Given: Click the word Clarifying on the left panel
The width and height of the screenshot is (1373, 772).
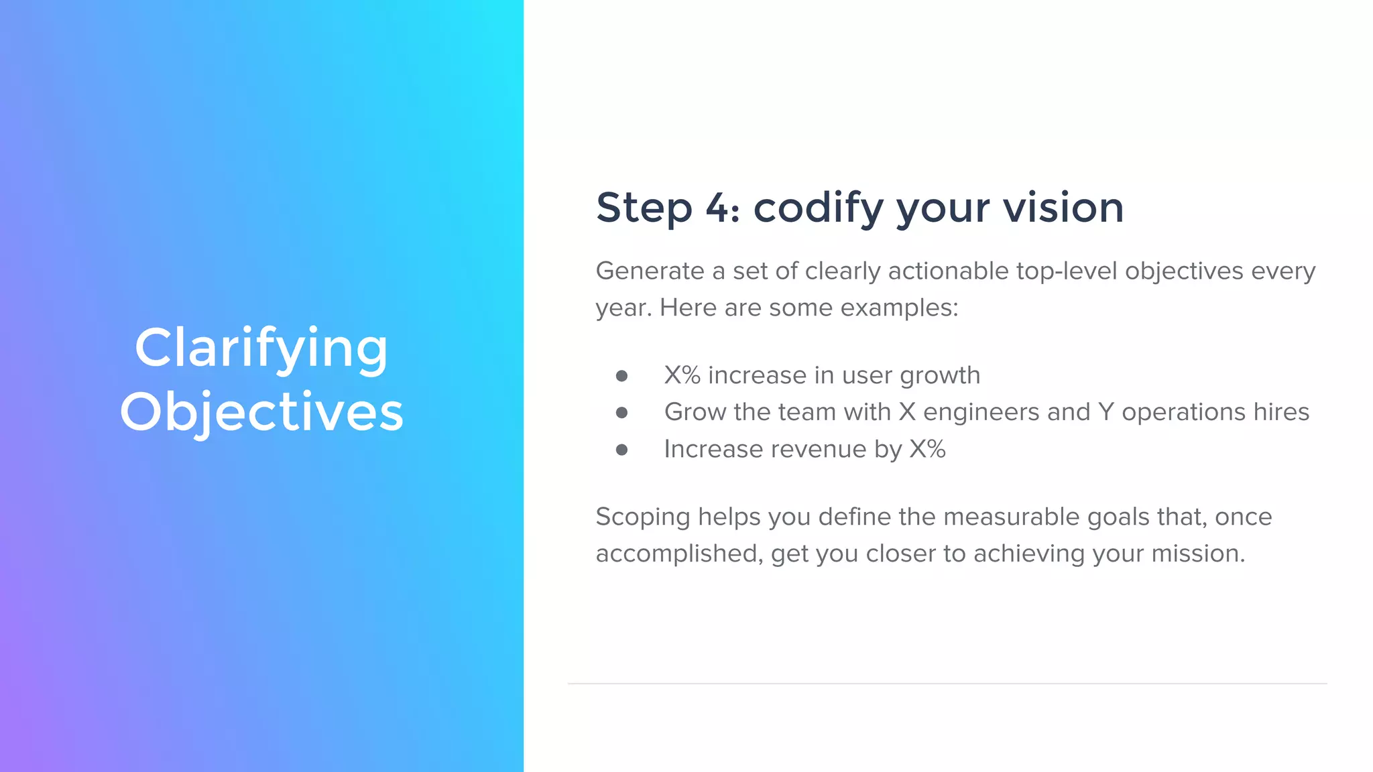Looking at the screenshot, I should pyautogui.click(x=261, y=348).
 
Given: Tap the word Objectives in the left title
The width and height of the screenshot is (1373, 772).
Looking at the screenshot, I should pyautogui.click(x=261, y=411).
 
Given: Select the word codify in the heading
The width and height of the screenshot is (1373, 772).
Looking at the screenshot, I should pyautogui.click(x=819, y=208).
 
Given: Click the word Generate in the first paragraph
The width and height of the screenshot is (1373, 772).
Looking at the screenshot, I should pyautogui.click(x=650, y=271).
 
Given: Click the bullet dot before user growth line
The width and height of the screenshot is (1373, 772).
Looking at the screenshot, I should pyautogui.click(x=621, y=376).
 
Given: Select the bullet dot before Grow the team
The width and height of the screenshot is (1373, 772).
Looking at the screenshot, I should pyautogui.click(x=621, y=413).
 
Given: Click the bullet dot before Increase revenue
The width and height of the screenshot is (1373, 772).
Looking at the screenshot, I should pyautogui.click(x=621, y=450).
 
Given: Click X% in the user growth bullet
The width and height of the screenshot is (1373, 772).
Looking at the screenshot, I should pyautogui.click(x=682, y=375).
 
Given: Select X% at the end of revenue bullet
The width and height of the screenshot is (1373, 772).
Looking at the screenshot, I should pyautogui.click(x=927, y=449).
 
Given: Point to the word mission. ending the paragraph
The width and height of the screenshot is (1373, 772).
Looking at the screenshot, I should pyautogui.click(x=1197, y=554).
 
